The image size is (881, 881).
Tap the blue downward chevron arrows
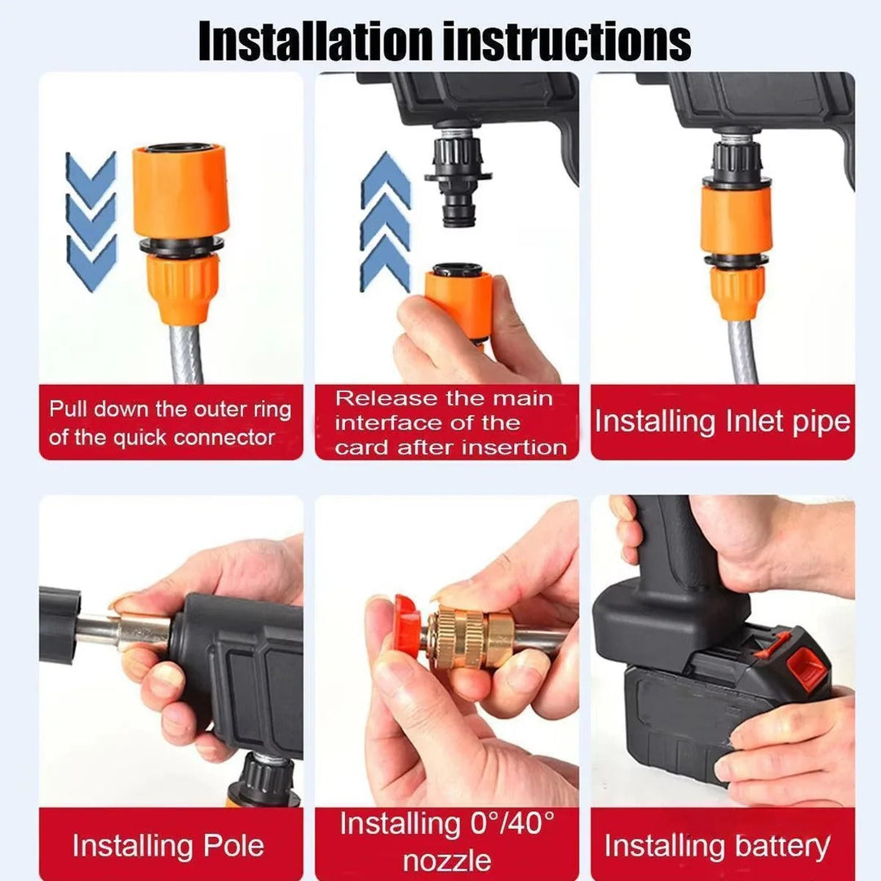91,221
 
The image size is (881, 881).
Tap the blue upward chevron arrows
386,221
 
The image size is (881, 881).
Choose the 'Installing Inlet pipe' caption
722,422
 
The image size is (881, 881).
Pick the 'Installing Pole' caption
168,845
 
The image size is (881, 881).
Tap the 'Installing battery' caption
717,845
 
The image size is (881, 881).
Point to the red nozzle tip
406,626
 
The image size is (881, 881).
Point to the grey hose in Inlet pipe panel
742,351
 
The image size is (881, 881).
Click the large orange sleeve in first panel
180,192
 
